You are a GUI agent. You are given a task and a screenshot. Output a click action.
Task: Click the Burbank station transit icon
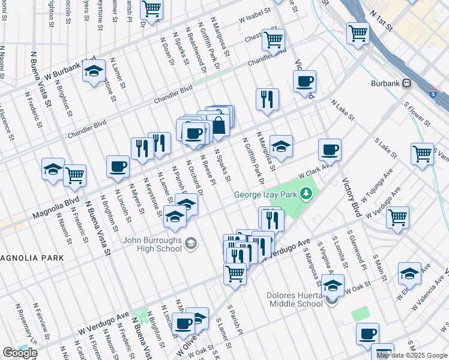[x=407, y=83]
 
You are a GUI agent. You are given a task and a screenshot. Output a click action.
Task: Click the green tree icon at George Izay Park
[x=307, y=193]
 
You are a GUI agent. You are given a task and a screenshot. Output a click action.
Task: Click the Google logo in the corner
[x=20, y=353]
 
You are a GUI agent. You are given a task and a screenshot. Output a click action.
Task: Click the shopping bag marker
[x=219, y=125]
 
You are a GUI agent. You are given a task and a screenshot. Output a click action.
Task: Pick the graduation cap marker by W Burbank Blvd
[x=94, y=71]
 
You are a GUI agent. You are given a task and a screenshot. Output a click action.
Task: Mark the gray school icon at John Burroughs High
[x=191, y=243]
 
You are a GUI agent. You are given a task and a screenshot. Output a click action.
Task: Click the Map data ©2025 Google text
[x=412, y=355]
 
